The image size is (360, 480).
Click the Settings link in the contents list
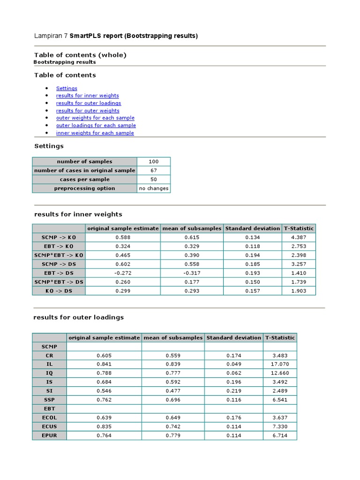(67, 88)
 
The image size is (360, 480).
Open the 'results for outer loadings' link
(88, 103)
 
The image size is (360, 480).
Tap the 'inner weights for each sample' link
(95, 133)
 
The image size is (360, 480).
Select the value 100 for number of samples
(153, 162)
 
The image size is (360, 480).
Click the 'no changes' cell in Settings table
(153, 188)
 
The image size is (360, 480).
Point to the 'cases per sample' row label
(84, 180)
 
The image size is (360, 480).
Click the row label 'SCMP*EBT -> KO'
(59, 255)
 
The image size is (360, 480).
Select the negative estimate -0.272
(122, 273)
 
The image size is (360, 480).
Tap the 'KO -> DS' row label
(59, 291)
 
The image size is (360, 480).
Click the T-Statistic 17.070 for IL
(280, 364)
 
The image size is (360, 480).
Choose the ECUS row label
(49, 427)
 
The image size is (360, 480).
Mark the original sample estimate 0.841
(104, 364)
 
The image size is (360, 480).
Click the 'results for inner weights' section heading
(78, 214)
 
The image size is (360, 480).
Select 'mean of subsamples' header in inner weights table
(191, 229)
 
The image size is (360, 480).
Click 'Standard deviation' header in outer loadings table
(233, 337)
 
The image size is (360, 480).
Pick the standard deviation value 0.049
(233, 364)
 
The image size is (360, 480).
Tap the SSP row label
(49, 400)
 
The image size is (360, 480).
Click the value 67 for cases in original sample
(153, 171)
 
